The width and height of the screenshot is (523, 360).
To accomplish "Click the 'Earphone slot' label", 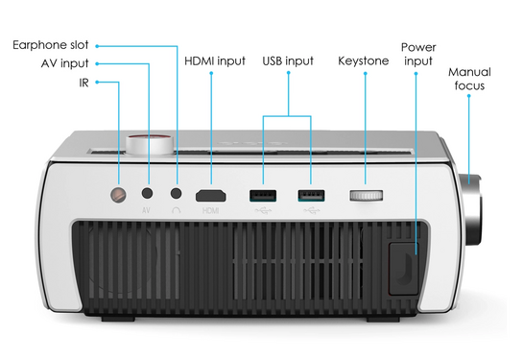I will click(x=50, y=45).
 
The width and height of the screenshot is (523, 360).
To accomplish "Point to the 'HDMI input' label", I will click(x=215, y=60).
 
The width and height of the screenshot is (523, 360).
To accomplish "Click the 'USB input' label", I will click(x=288, y=60).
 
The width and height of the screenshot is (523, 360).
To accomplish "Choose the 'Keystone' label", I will click(x=364, y=60).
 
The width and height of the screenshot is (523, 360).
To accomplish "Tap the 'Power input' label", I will click(x=418, y=54).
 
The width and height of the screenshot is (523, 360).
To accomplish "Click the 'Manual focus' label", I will click(x=470, y=78).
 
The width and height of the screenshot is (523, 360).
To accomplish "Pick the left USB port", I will click(x=260, y=195).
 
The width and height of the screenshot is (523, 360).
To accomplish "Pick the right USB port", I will click(x=310, y=195).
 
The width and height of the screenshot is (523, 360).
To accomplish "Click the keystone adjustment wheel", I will click(x=365, y=196).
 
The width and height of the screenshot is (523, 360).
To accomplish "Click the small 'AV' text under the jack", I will click(x=147, y=209).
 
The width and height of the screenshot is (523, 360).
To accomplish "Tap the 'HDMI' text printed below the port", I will click(x=210, y=209).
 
